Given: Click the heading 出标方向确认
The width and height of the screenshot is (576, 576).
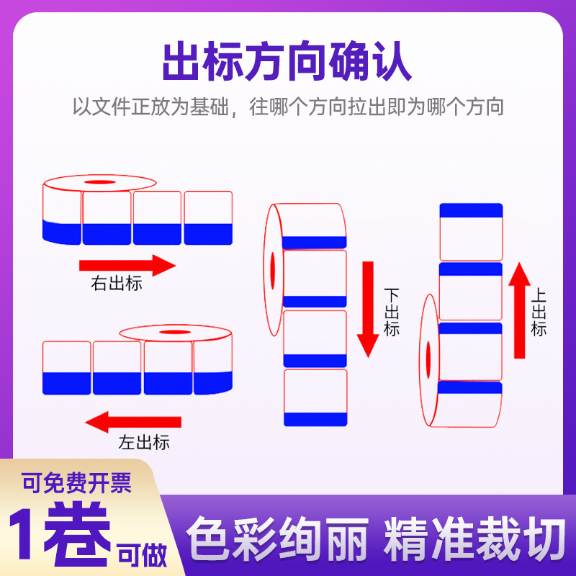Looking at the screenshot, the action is [287, 63].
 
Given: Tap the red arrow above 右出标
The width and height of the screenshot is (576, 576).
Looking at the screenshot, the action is [127, 264].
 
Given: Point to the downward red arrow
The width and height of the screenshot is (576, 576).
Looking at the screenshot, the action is [369, 309].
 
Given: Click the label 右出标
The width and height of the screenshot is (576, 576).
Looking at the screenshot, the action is [116, 284].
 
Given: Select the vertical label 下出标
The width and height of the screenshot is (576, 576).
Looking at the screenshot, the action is [392, 312].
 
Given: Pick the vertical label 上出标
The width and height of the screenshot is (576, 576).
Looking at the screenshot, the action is [539, 312].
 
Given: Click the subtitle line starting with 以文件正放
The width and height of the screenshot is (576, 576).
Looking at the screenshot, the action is [287, 108].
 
